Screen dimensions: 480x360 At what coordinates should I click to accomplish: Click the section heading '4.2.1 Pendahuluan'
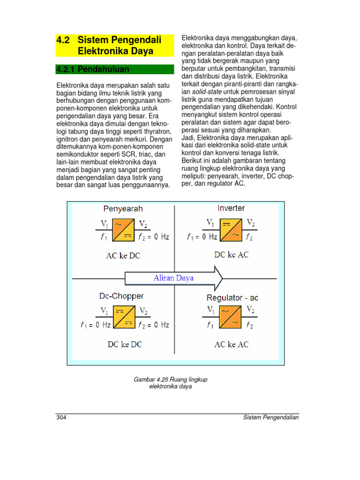92,70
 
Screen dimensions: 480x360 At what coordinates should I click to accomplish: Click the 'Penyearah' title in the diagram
123,209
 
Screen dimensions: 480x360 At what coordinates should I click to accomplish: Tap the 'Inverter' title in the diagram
231,208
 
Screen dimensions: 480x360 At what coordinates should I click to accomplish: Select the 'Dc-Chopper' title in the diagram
121,296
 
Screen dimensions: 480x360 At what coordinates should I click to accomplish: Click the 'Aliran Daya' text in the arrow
173,278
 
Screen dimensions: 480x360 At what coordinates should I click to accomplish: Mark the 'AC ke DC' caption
123,256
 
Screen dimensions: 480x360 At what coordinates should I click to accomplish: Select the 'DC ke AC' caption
232,255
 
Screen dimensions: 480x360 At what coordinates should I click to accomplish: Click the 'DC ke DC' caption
125,344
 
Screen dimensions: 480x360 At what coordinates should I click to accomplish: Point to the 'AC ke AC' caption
232,344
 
